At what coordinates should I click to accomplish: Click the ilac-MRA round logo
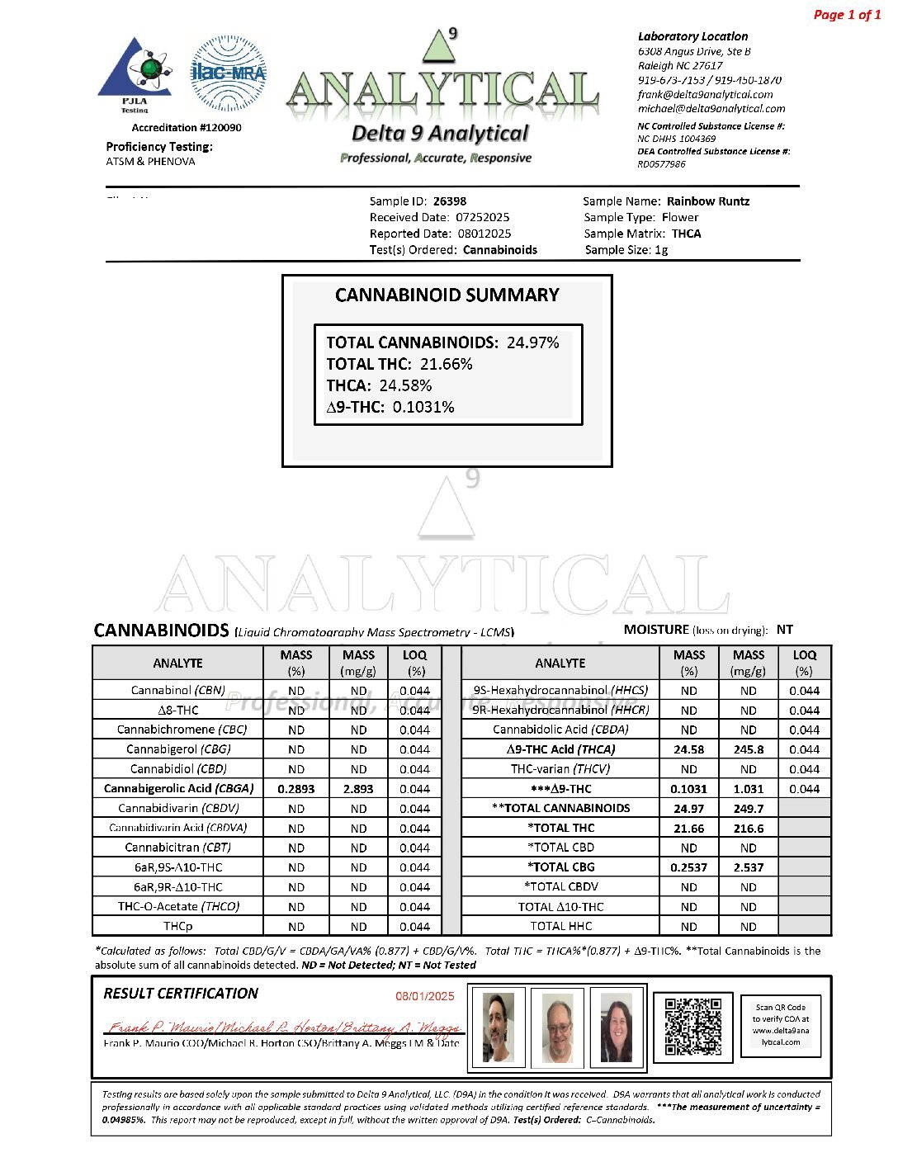228,73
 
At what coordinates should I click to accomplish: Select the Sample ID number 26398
450,201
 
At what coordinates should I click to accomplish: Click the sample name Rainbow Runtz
708,201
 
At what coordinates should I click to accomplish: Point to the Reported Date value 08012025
484,234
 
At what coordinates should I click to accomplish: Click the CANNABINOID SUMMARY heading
447,295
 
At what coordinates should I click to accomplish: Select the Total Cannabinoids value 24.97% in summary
532,342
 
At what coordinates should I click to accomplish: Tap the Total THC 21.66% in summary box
446,364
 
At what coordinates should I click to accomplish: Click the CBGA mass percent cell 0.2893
296,789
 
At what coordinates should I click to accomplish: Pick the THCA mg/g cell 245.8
748,749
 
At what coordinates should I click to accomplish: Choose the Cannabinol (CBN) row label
177,690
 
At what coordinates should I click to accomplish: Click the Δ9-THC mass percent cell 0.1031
688,789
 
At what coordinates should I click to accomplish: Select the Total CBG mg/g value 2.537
748,867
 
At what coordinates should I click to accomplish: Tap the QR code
692,1027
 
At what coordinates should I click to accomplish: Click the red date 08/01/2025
425,996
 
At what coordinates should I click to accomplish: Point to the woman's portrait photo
616,1027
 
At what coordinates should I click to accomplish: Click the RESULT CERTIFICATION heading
181,994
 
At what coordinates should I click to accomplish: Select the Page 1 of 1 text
847,15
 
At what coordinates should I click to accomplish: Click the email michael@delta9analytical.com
711,109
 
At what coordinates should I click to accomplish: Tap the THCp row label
177,926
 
